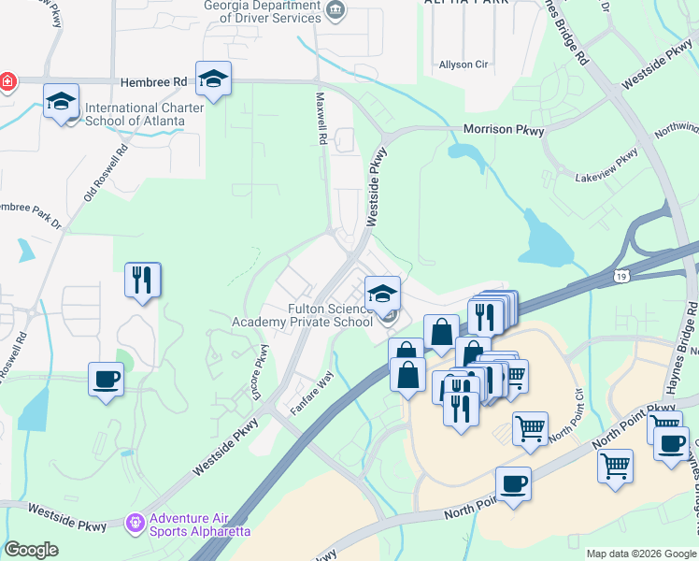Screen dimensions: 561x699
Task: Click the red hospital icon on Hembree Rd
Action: click(x=7, y=82)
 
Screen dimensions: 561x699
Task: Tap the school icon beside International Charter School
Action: click(x=62, y=101)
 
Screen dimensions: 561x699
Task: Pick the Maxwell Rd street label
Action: click(x=322, y=118)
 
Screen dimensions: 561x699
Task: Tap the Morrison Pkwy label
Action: click(x=504, y=131)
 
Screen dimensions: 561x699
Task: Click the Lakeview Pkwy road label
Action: click(x=607, y=165)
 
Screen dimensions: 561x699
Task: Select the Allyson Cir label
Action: click(x=464, y=65)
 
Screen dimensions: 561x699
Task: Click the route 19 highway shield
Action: click(x=621, y=277)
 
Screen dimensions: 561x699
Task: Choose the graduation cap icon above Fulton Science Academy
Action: click(x=382, y=294)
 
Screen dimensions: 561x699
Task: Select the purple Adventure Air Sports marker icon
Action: click(x=136, y=521)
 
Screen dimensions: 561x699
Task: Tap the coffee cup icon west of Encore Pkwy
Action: click(x=107, y=380)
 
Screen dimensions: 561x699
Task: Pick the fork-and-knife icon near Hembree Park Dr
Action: click(x=142, y=280)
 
